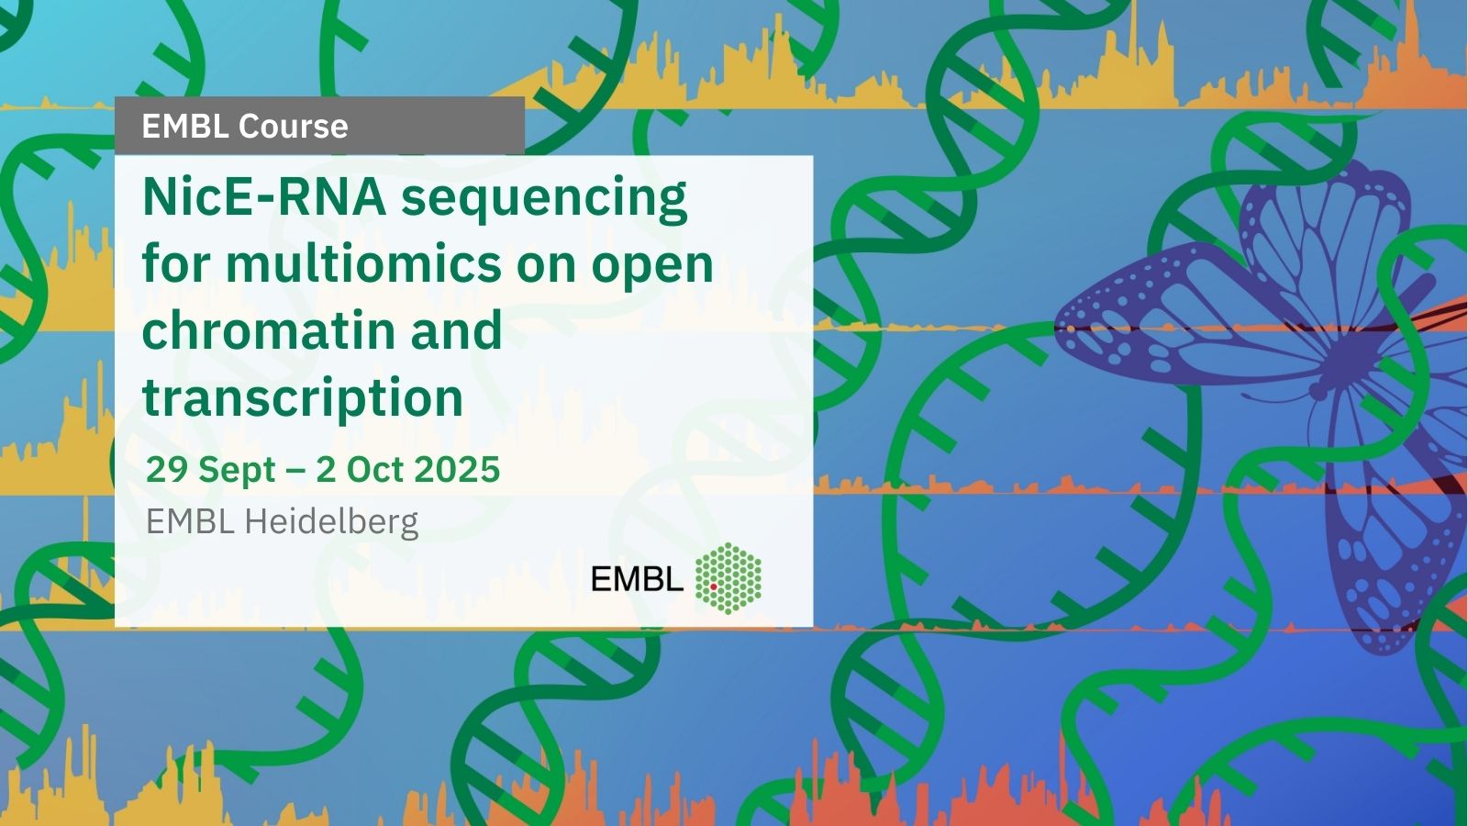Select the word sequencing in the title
tap(545, 201)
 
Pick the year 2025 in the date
tap(456, 469)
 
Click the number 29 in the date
tap(166, 469)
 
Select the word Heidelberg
tap(331, 522)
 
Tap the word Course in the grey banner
tap(293, 126)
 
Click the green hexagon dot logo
tap(728, 578)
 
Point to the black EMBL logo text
tap(637, 578)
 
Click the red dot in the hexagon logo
tap(714, 587)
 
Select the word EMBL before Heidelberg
tap(191, 522)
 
